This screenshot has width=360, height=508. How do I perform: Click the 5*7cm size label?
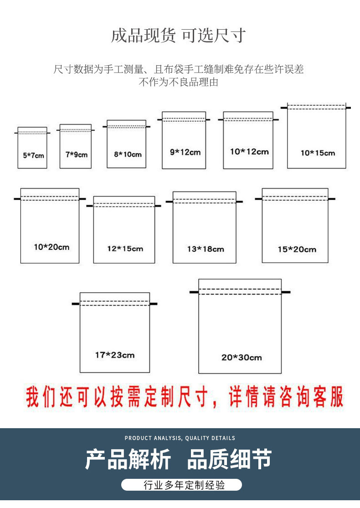pyautogui.click(x=34, y=156)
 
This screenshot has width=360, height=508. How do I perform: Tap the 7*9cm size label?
pyautogui.click(x=76, y=155)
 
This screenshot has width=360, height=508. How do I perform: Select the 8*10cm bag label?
pyautogui.click(x=128, y=154)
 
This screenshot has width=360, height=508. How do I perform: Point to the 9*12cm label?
pyautogui.click(x=185, y=152)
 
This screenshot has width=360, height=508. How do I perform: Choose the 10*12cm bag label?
pyautogui.click(x=249, y=151)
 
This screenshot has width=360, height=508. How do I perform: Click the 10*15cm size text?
pyautogui.click(x=317, y=153)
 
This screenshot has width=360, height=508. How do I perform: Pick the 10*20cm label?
pyautogui.click(x=51, y=247)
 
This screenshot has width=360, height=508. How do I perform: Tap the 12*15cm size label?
pyautogui.click(x=125, y=249)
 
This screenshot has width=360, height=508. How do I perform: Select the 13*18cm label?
pyautogui.click(x=205, y=249)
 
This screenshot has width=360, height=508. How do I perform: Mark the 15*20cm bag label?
pyautogui.click(x=297, y=249)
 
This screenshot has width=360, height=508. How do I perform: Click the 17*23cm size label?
pyautogui.click(x=114, y=355)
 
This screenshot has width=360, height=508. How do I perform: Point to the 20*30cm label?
pyautogui.click(x=242, y=358)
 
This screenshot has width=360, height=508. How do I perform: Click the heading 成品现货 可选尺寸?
pyautogui.click(x=179, y=36)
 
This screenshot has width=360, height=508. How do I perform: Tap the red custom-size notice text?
pyautogui.click(x=185, y=397)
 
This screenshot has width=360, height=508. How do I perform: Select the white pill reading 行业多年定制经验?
pyautogui.click(x=181, y=485)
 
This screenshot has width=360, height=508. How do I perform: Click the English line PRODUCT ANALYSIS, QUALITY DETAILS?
pyautogui.click(x=180, y=438)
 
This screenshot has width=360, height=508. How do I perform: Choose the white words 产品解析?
pyautogui.click(x=128, y=460)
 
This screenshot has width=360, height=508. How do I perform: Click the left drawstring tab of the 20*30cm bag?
pyautogui.click(x=194, y=292)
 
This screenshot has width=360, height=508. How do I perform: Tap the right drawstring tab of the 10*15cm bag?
pyautogui.click(x=348, y=108)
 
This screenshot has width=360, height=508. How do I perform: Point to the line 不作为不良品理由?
pyautogui.click(x=179, y=83)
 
